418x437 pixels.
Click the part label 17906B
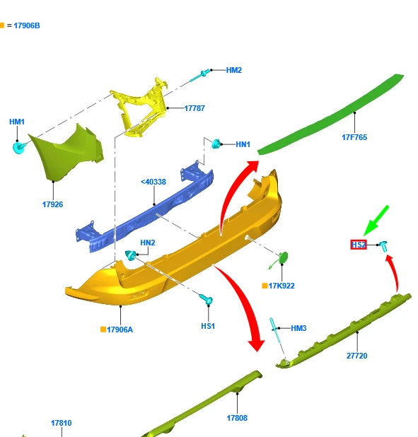click(x=27, y=25)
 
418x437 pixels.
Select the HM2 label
click(x=233, y=70)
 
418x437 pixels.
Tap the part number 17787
click(x=195, y=108)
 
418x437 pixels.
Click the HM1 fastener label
click(x=17, y=122)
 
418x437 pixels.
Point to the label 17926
click(x=53, y=204)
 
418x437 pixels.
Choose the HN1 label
click(x=243, y=144)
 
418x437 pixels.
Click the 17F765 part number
click(x=354, y=137)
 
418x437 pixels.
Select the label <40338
click(x=153, y=182)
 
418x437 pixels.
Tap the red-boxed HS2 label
click(x=359, y=245)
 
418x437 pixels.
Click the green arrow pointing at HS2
click(x=376, y=221)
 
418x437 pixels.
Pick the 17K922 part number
click(x=281, y=286)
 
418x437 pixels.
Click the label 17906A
click(x=120, y=330)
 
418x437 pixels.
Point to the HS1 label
click(x=208, y=326)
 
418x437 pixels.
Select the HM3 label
click(x=298, y=328)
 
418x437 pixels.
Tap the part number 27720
click(x=357, y=356)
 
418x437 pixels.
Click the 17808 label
click(x=237, y=418)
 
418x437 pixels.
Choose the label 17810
click(x=62, y=423)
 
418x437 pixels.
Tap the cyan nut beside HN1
click(x=216, y=144)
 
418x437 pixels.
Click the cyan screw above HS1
click(x=207, y=300)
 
